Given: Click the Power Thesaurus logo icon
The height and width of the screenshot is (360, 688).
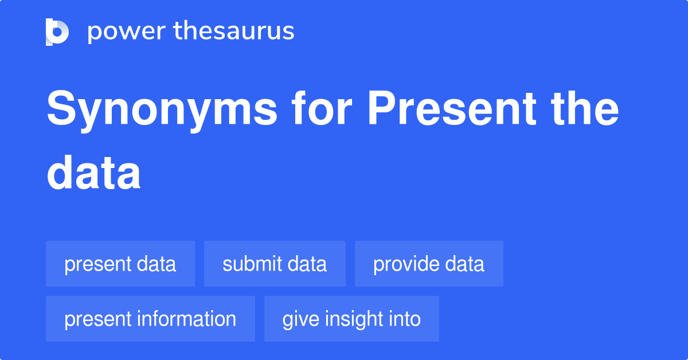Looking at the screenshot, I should pyautogui.click(x=57, y=32).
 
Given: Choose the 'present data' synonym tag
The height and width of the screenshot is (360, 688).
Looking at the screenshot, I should pyautogui.click(x=120, y=264).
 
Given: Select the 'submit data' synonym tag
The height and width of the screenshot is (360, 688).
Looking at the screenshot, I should pyautogui.click(x=275, y=264).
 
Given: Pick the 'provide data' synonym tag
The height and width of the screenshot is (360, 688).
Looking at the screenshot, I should pyautogui.click(x=429, y=264).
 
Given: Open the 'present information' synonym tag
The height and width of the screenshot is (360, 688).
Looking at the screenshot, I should pyautogui.click(x=150, y=319).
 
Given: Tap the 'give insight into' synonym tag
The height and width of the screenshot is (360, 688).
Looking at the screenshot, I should pyautogui.click(x=351, y=319).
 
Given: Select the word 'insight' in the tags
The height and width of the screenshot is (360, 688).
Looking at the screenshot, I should pyautogui.click(x=353, y=319).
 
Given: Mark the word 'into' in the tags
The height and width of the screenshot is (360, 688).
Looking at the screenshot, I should pyautogui.click(x=404, y=319).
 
